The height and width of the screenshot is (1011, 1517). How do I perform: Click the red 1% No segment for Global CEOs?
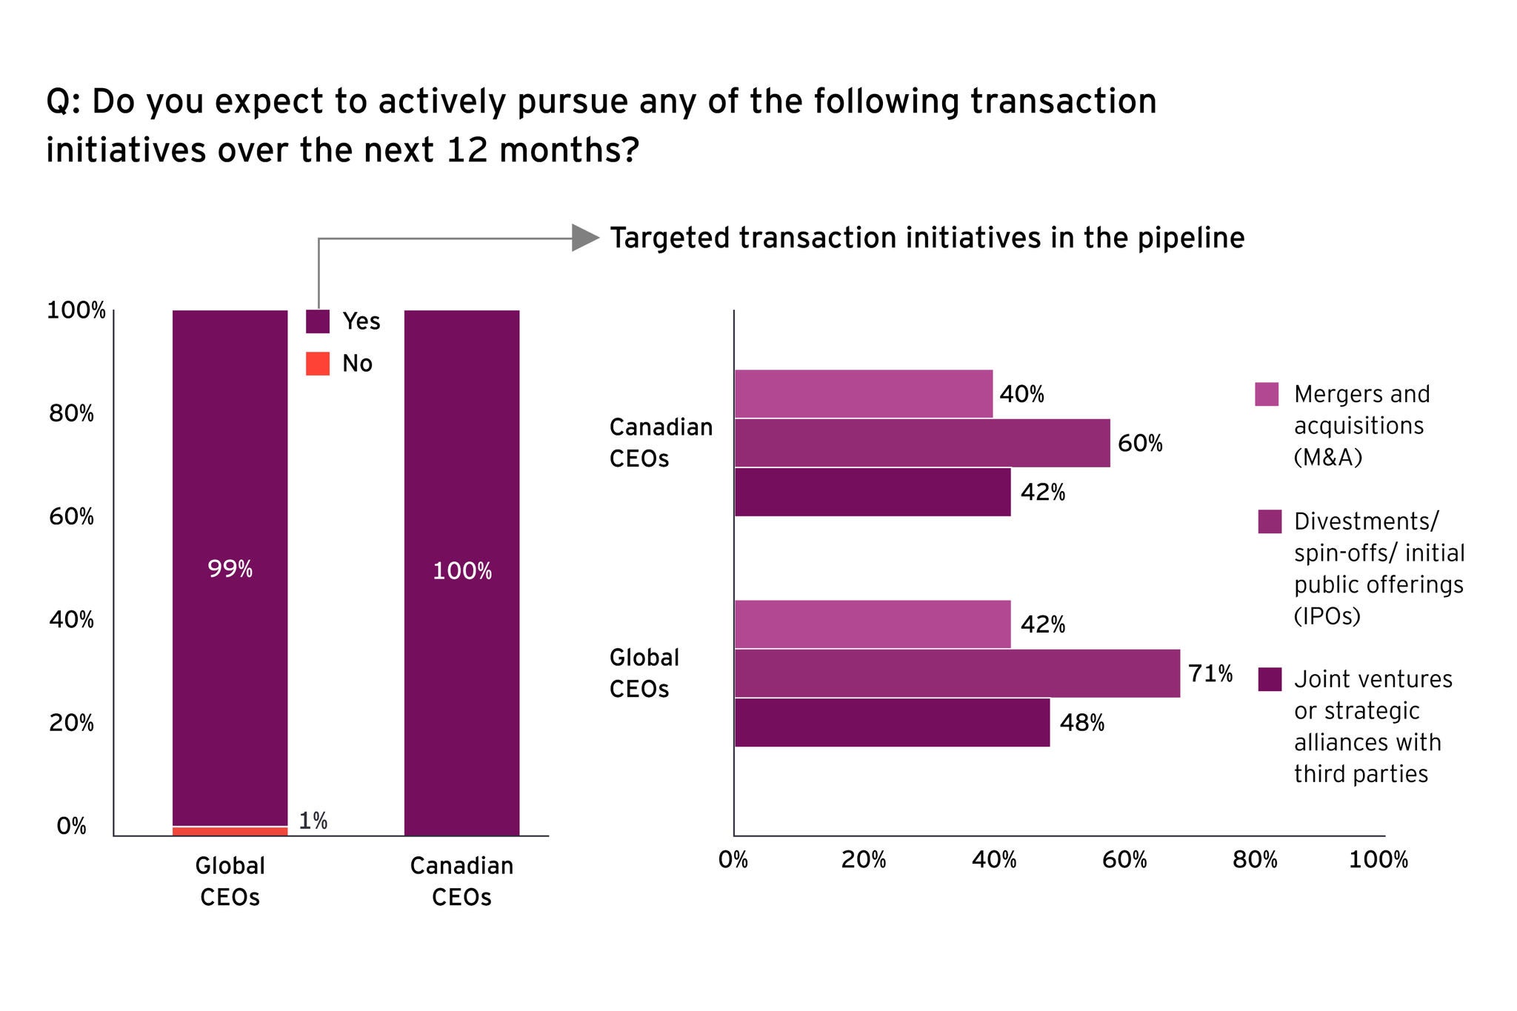tap(230, 831)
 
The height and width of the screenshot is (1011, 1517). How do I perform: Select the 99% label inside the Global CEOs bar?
tap(230, 569)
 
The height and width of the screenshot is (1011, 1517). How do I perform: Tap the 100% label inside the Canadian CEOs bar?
tap(461, 571)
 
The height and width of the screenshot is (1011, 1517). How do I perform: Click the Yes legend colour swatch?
tap(317, 321)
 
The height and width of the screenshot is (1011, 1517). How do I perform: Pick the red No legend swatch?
tap(317, 364)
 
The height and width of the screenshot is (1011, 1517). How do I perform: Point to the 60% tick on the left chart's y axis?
tap(72, 516)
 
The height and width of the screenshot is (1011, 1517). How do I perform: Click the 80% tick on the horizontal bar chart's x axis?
tap(1255, 860)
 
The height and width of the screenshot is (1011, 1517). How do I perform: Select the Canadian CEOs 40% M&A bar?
tap(863, 394)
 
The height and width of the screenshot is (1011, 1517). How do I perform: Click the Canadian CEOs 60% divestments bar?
tap(921, 443)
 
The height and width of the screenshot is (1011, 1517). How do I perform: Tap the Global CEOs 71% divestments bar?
tap(956, 673)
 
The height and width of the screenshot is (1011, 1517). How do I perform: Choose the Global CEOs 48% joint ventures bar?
tap(892, 722)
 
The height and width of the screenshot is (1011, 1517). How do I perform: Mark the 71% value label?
tap(1210, 673)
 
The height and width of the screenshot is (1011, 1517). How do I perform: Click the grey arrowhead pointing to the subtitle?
tap(585, 238)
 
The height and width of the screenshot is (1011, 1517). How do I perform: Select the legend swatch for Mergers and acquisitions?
tap(1267, 394)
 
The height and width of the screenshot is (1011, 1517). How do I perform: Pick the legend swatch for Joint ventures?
tap(1270, 679)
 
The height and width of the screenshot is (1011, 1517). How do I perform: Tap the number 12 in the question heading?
tap(467, 150)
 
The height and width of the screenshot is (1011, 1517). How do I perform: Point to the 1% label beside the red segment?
tap(313, 821)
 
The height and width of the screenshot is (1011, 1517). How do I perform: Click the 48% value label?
tap(1081, 722)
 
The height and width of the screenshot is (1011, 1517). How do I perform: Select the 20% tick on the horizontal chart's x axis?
tap(864, 860)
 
